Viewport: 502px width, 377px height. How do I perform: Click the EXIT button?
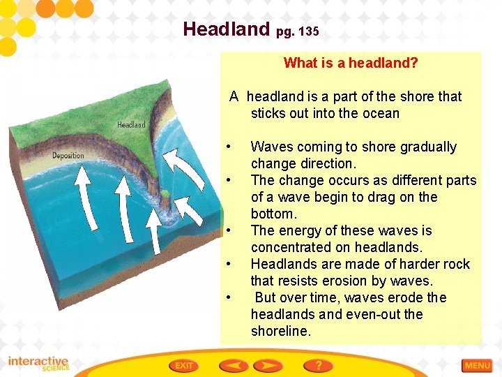click(184, 365)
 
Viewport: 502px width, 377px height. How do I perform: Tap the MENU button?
click(478, 365)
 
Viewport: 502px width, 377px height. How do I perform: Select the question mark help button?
click(318, 365)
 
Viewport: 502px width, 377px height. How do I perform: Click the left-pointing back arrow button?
click(234, 365)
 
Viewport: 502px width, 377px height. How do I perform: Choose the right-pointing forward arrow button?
click(267, 365)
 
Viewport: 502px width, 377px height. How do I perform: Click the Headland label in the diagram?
click(131, 125)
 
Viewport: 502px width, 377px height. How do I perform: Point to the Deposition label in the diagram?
click(68, 155)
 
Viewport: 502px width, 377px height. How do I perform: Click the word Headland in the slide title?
click(226, 29)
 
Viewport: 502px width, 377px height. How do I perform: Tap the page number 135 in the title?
click(307, 31)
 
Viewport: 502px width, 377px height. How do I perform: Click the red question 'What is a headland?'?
click(351, 63)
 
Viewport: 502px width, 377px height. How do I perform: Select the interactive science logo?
click(38, 364)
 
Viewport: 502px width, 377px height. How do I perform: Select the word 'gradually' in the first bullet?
click(424, 147)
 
